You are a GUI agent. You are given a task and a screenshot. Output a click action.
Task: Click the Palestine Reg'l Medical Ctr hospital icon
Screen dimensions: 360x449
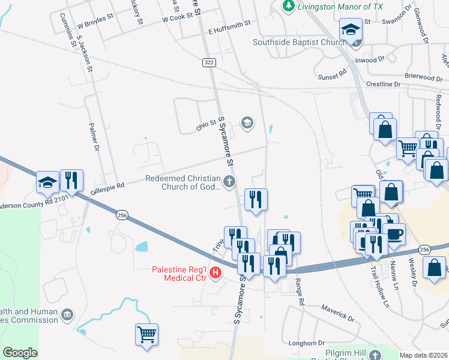click(215, 274)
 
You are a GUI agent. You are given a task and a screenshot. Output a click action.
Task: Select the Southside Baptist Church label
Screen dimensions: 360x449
click(300, 42)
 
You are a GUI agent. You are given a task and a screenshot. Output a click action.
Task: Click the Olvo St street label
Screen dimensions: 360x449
click(206, 125)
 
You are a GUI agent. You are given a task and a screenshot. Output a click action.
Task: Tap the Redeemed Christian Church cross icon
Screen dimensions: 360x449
click(228, 181)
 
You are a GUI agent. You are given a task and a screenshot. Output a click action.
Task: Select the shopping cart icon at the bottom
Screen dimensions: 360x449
click(146, 333)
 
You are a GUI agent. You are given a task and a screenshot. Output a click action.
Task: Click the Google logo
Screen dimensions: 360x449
click(20, 353)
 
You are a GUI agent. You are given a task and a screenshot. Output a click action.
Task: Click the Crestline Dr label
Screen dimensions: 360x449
click(383, 85)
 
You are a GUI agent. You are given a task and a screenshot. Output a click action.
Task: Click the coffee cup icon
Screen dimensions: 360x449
click(394, 233)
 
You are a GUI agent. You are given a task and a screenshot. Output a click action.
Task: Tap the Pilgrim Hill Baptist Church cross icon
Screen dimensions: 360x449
click(375, 355)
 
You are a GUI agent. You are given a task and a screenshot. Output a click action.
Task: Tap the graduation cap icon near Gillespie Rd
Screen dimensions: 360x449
click(47, 181)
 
